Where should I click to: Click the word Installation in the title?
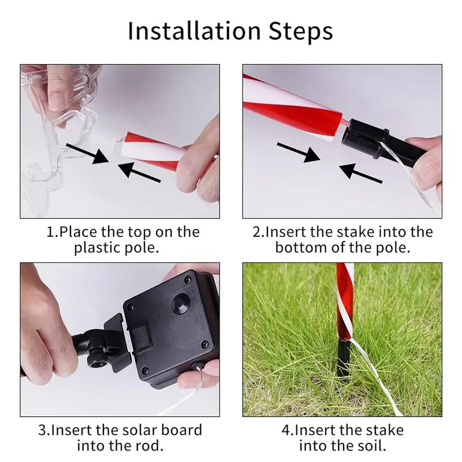[x=195, y=31]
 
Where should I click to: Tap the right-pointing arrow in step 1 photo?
[x=88, y=153]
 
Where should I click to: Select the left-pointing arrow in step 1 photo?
[x=139, y=172]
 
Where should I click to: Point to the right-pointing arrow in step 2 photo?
[x=299, y=152]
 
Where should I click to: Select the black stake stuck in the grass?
[x=343, y=359]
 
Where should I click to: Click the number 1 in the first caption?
[x=51, y=232]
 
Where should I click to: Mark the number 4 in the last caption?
[x=286, y=430]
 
